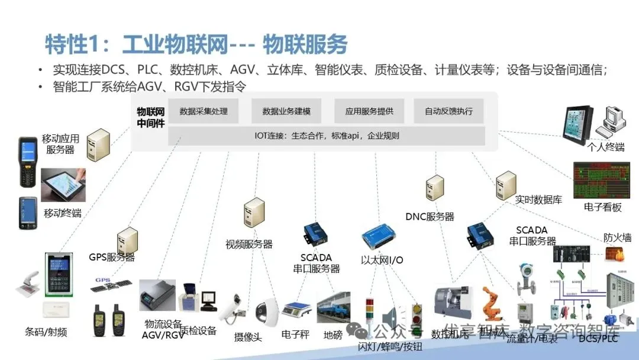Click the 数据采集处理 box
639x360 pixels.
[x=204, y=111]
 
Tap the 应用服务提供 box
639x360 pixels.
[x=366, y=111]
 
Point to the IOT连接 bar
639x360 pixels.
[x=326, y=136]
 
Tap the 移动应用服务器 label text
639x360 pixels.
[x=60, y=144]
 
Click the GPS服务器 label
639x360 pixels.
[x=112, y=257]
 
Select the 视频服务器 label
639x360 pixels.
[x=248, y=243]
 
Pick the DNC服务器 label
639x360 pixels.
[x=430, y=217]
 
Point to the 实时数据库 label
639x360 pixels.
[x=538, y=200]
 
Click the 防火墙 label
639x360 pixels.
[x=617, y=237]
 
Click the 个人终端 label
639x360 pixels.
[x=606, y=146]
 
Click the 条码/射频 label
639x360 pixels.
[x=46, y=332]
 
